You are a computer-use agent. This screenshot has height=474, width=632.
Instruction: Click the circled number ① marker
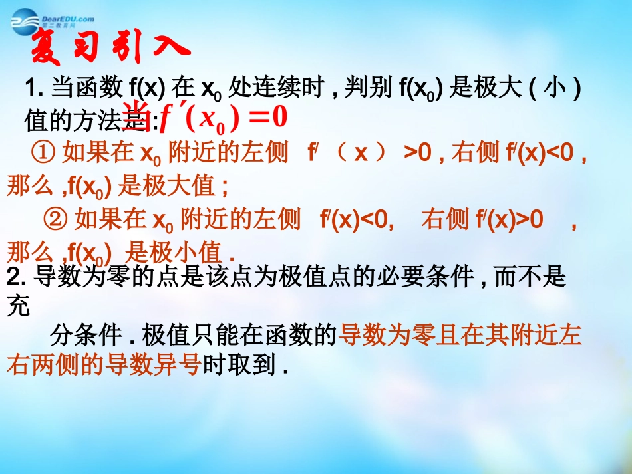(x=43, y=154)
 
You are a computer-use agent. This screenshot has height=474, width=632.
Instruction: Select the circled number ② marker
(x=57, y=218)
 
